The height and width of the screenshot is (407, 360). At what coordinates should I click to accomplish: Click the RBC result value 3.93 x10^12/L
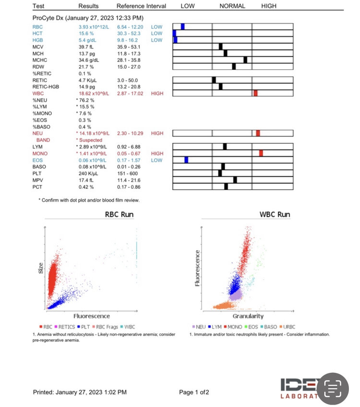pos(94,26)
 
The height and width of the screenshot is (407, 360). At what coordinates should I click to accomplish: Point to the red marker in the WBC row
pos(255,93)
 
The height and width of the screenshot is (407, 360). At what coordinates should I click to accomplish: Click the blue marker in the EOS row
pos(186,160)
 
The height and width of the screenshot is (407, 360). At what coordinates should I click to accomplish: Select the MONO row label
pos(39,153)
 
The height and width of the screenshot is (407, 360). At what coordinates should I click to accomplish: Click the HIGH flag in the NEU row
pos(157,133)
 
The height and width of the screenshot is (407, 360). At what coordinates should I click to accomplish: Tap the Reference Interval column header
pos(141,6)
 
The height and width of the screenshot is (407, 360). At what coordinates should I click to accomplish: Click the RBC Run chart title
pos(119,214)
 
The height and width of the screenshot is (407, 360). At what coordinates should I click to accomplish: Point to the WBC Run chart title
pos(275,214)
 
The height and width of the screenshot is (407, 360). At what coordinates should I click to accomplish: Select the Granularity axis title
pos(248,316)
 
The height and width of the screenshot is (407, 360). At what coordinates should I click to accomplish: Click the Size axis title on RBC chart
pos(41,268)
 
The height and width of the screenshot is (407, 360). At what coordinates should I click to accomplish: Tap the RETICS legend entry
pos(68,326)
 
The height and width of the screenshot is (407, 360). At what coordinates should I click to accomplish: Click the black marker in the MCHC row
pos(245,60)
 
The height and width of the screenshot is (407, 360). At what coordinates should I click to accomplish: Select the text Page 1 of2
pos(194,392)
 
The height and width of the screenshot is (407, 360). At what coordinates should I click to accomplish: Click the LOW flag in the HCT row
pos(156,33)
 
